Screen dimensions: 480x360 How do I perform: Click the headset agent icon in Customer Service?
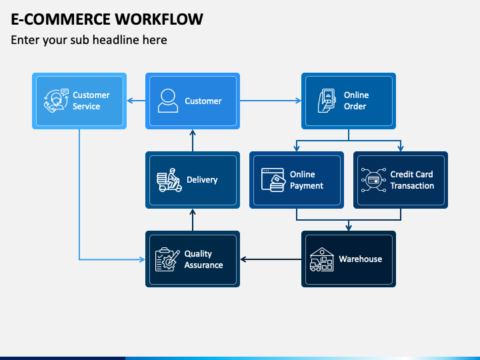[56, 101]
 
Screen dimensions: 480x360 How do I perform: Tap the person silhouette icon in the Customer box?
[168, 101]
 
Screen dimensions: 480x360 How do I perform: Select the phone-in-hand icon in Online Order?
[327, 101]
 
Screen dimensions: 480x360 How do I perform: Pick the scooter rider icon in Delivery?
[169, 180]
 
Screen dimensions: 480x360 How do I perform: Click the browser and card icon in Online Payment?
[273, 180]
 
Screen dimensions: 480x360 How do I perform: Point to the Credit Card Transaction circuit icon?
[373, 180]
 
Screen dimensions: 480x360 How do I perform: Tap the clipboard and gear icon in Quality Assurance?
[167, 259]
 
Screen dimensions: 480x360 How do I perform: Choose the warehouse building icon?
[322, 259]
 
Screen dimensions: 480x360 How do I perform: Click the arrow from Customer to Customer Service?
[136, 101]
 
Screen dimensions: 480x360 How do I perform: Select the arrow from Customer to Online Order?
[270, 101]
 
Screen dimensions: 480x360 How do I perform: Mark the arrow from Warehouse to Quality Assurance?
[271, 259]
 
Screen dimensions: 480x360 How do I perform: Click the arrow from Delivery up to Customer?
[193, 141]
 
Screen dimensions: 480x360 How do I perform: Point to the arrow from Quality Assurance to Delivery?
[193, 220]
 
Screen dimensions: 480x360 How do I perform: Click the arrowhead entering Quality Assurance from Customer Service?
[142, 259]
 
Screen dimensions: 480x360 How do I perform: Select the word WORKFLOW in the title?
[159, 19]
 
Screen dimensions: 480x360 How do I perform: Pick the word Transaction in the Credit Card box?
[412, 186]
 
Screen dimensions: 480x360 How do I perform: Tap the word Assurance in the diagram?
[203, 265]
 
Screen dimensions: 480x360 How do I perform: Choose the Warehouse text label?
[360, 259]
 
